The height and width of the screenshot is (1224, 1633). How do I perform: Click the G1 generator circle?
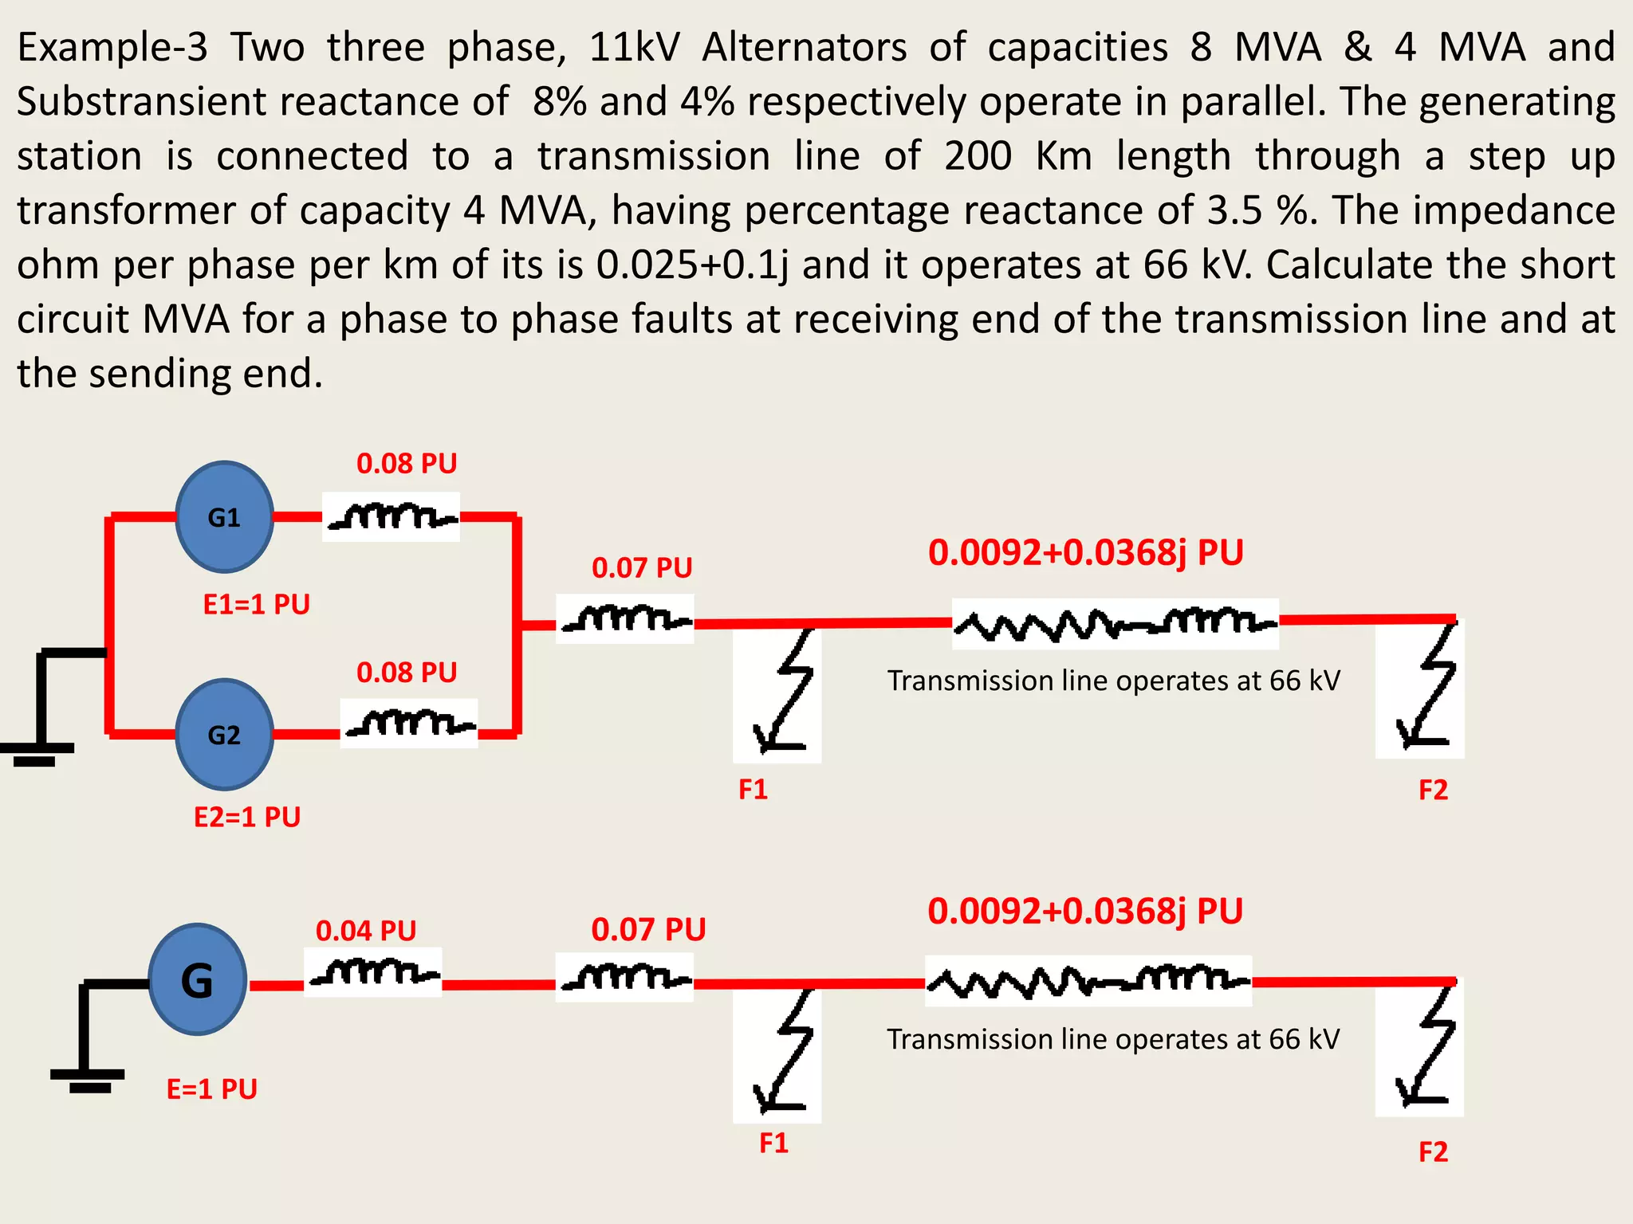tap(224, 517)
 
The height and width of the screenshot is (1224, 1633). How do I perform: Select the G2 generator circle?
tap(224, 734)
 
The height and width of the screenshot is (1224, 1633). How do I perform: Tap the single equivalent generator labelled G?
tap(197, 979)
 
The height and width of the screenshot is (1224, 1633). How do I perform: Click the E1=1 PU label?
tap(256, 604)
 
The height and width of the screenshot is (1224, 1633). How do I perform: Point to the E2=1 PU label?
tap(247, 817)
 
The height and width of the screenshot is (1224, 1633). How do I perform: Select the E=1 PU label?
tap(211, 1089)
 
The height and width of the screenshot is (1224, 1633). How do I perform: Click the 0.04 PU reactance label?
tap(366, 930)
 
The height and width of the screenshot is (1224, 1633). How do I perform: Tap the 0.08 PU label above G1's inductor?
tap(407, 463)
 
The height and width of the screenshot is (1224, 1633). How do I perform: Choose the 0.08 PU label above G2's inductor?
tap(407, 672)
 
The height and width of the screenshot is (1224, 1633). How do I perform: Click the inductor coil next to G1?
tap(392, 517)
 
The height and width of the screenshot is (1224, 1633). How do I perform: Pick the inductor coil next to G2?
tap(409, 724)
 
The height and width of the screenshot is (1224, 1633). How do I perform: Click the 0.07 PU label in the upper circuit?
tap(642, 567)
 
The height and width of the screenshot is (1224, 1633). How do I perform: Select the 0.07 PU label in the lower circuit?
tap(648, 929)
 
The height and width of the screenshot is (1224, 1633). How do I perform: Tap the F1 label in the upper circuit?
tap(753, 789)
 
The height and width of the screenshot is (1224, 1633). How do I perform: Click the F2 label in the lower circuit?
tap(1433, 1151)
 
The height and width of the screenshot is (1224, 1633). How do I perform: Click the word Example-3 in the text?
tap(112, 47)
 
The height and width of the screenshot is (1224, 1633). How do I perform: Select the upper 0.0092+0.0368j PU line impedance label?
tap(1085, 552)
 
